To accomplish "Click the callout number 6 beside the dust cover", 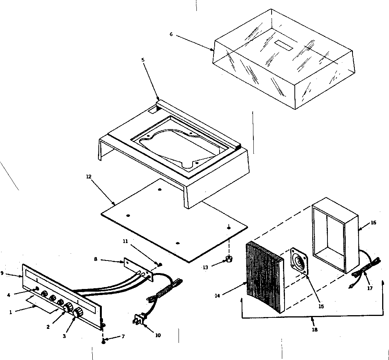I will (171, 34).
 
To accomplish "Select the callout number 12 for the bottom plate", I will (89, 176).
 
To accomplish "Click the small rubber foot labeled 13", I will (229, 259).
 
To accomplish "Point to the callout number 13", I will (206, 267).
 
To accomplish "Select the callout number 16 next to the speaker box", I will (373, 223).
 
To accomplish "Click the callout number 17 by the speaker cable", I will (370, 288).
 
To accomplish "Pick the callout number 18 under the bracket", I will (314, 330).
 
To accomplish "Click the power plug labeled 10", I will (139, 320).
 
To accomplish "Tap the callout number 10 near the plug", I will (158, 335).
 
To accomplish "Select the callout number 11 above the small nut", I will (125, 241).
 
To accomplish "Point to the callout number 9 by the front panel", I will (2, 273).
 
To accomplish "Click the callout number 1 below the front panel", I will (11, 312).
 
